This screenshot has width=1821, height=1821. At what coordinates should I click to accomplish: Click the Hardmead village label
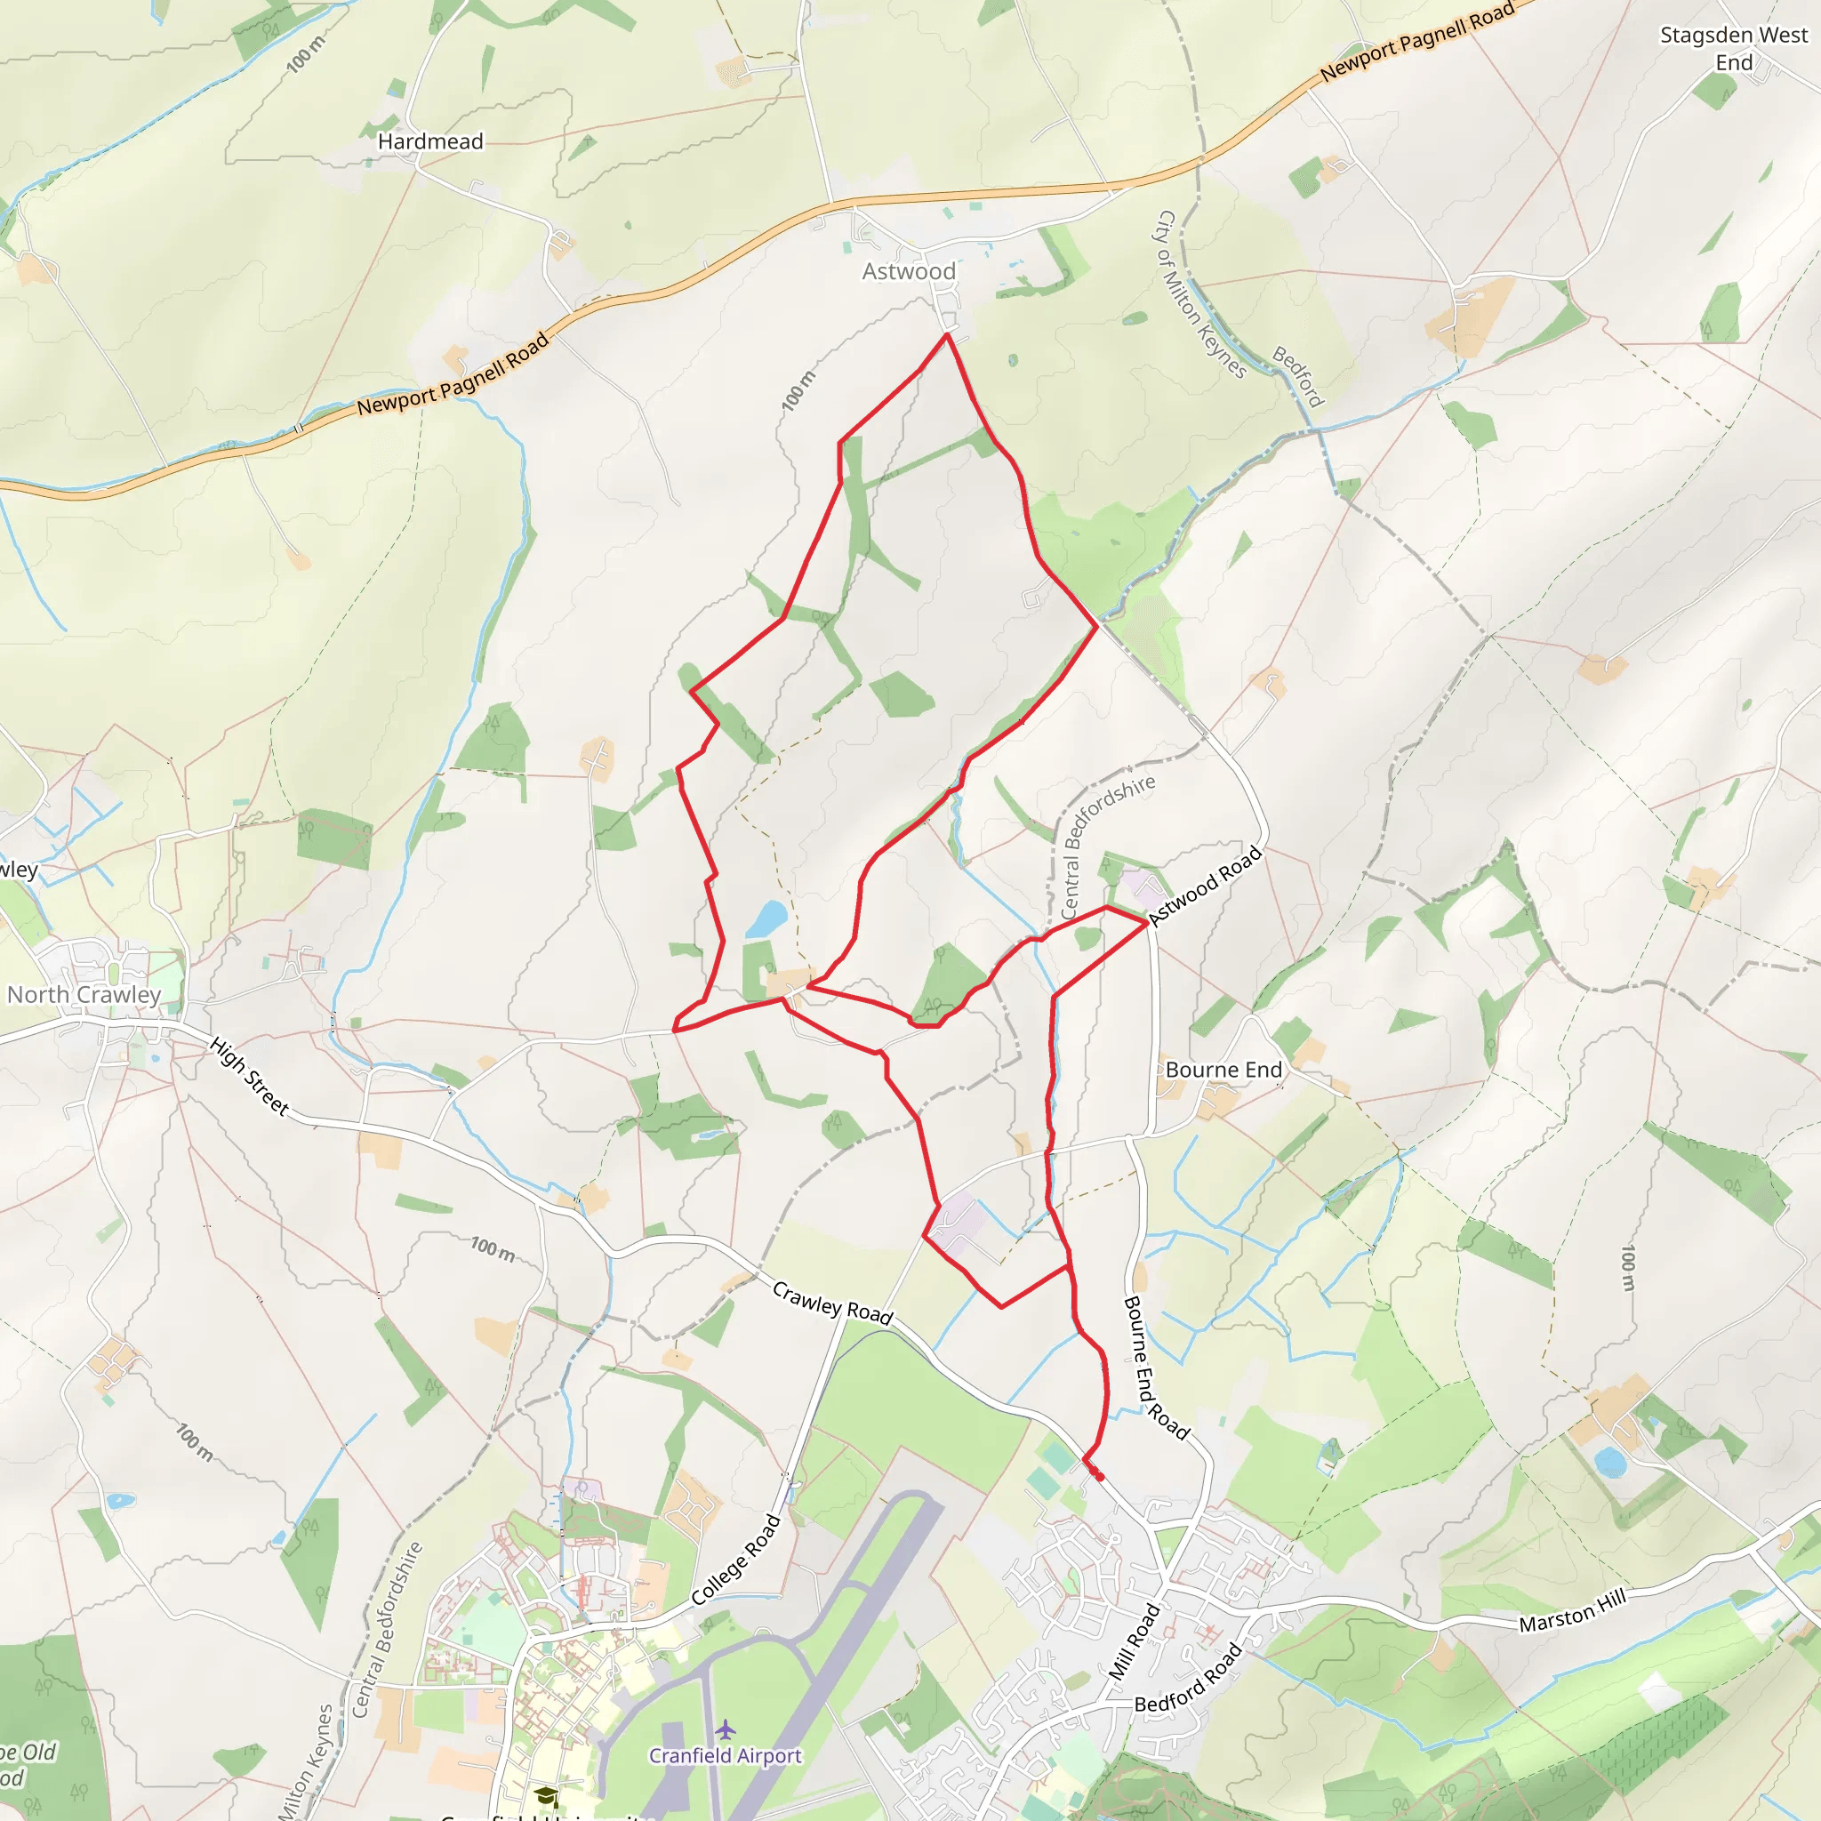[x=429, y=141]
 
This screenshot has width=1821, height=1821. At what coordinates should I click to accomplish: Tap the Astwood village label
[x=909, y=271]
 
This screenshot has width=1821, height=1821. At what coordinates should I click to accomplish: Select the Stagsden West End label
[x=1733, y=49]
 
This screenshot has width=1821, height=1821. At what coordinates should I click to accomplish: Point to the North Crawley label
[x=84, y=994]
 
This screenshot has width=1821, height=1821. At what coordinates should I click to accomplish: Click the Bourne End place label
[x=1223, y=1070]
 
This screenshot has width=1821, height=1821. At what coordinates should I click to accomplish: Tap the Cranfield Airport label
[x=725, y=1755]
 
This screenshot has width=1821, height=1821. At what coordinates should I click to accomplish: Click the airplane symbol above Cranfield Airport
[x=725, y=1729]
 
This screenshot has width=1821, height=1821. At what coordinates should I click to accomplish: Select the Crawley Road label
[x=832, y=1303]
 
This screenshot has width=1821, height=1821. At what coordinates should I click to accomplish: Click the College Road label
[x=736, y=1560]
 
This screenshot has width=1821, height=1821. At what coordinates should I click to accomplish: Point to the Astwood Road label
[x=1205, y=886]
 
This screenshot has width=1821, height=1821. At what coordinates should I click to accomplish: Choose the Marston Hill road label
[x=1572, y=1611]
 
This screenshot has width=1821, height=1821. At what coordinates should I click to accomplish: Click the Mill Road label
[x=1133, y=1642]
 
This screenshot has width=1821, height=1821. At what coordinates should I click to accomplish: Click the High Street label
[x=249, y=1077]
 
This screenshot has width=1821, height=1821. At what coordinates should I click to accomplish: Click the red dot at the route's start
[x=1099, y=1476]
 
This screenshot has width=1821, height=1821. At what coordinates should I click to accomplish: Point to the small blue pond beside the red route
[x=766, y=919]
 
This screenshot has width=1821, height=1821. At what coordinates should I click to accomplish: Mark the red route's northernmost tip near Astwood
[x=946, y=334]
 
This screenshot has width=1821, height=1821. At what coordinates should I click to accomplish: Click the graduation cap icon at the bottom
[x=546, y=1795]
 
